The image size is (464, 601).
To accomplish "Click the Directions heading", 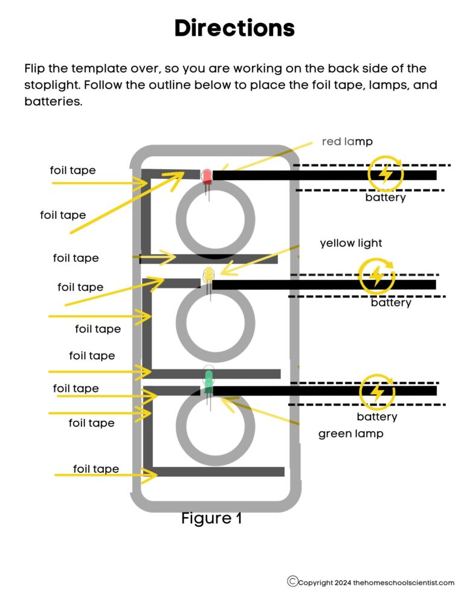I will coord(234,28).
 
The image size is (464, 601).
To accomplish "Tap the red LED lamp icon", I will coord(206,176).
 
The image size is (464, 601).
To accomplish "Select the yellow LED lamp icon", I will coord(208,275).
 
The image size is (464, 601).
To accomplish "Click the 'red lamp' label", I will coord(347,141).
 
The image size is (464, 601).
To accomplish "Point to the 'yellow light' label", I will coord(350,243).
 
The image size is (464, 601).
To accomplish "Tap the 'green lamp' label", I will coord(350,434).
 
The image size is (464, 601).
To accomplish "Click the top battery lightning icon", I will coord(385,174).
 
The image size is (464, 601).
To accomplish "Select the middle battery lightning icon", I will coord(376,276).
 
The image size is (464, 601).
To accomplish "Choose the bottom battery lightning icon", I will coord(377,392).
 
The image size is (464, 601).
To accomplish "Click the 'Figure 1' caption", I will coord(211,518).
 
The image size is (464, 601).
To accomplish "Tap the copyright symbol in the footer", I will coord(292,581).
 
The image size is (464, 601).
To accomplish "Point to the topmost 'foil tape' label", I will coord(72,171).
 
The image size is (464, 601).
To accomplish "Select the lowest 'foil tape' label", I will coord(95,469).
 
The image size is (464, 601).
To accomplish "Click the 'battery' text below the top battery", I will coord(385,197).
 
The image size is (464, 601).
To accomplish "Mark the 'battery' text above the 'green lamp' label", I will coord(377,417).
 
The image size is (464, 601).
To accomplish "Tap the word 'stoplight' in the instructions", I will coord(53,85).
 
